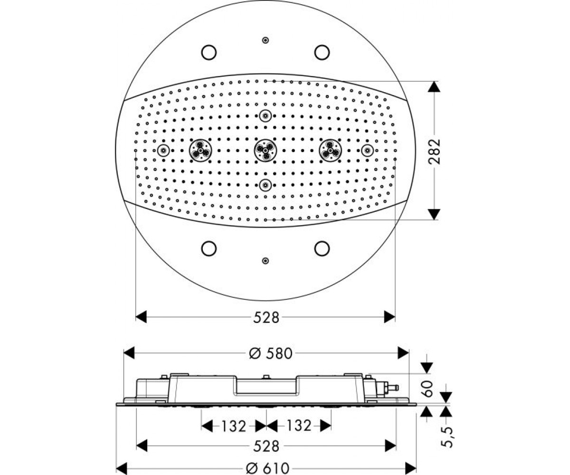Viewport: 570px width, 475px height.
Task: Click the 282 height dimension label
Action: click(434, 151)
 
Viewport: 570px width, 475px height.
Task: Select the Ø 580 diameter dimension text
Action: click(271, 353)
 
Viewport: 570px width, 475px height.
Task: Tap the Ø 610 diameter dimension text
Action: click(267, 468)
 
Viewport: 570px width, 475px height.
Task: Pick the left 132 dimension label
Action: click(234, 426)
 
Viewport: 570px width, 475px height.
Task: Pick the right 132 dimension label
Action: click(299, 426)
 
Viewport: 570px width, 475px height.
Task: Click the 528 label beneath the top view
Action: click(266, 317)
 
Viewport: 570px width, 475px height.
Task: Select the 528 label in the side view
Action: click(266, 446)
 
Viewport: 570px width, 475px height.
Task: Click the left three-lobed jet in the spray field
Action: click(200, 151)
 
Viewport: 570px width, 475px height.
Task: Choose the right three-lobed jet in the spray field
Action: click(330, 151)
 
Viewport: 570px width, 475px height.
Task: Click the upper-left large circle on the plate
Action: click(209, 52)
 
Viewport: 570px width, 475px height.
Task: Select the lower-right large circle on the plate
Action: click(322, 248)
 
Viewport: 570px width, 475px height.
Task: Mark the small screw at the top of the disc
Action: click(266, 40)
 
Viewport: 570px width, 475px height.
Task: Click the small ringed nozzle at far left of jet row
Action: click(163, 151)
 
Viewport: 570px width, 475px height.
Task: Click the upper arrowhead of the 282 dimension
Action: click(434, 87)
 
